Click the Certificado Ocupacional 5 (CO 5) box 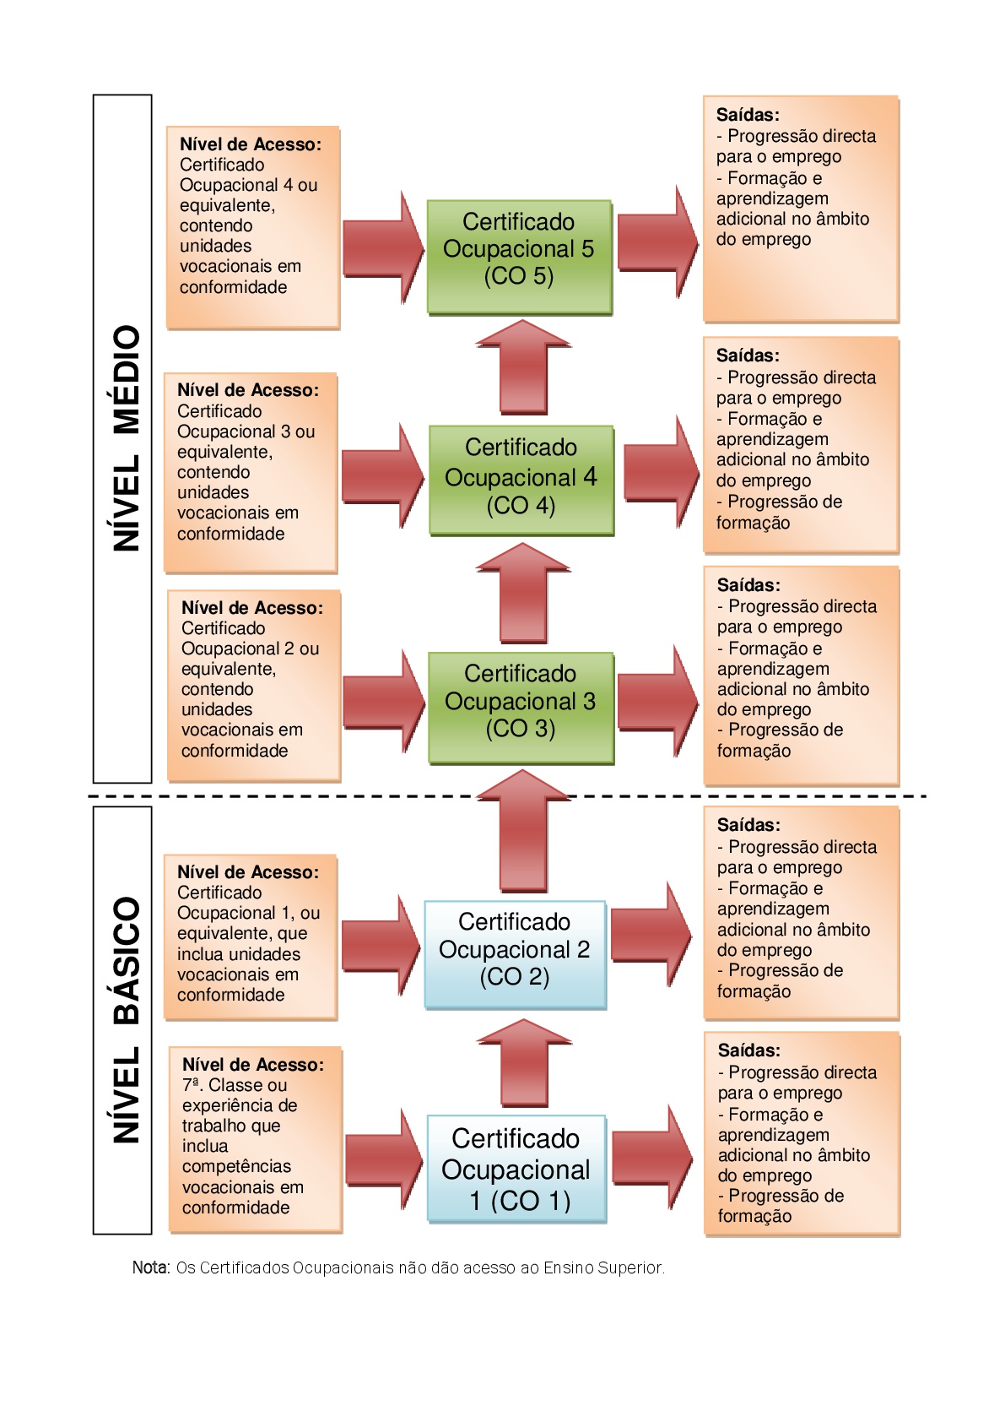pos(519,257)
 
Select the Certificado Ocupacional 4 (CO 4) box pos(521,480)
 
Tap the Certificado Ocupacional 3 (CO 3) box pos(521,708)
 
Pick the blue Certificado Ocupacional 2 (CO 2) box pos(515,955)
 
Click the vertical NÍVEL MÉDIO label pos(127,438)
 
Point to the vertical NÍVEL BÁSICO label pos(127,1020)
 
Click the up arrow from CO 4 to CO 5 pos(523,367)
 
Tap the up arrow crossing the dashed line pos(523,831)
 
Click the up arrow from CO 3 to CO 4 pos(523,593)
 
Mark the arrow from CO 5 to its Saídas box pos(658,242)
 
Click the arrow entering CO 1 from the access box pos(385,1159)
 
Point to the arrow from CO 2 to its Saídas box pos(651,934)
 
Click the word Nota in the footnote pos(150,1267)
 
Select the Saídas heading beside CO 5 pos(748,115)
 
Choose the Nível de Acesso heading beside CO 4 pos(248,390)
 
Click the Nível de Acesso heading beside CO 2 pos(248,872)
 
